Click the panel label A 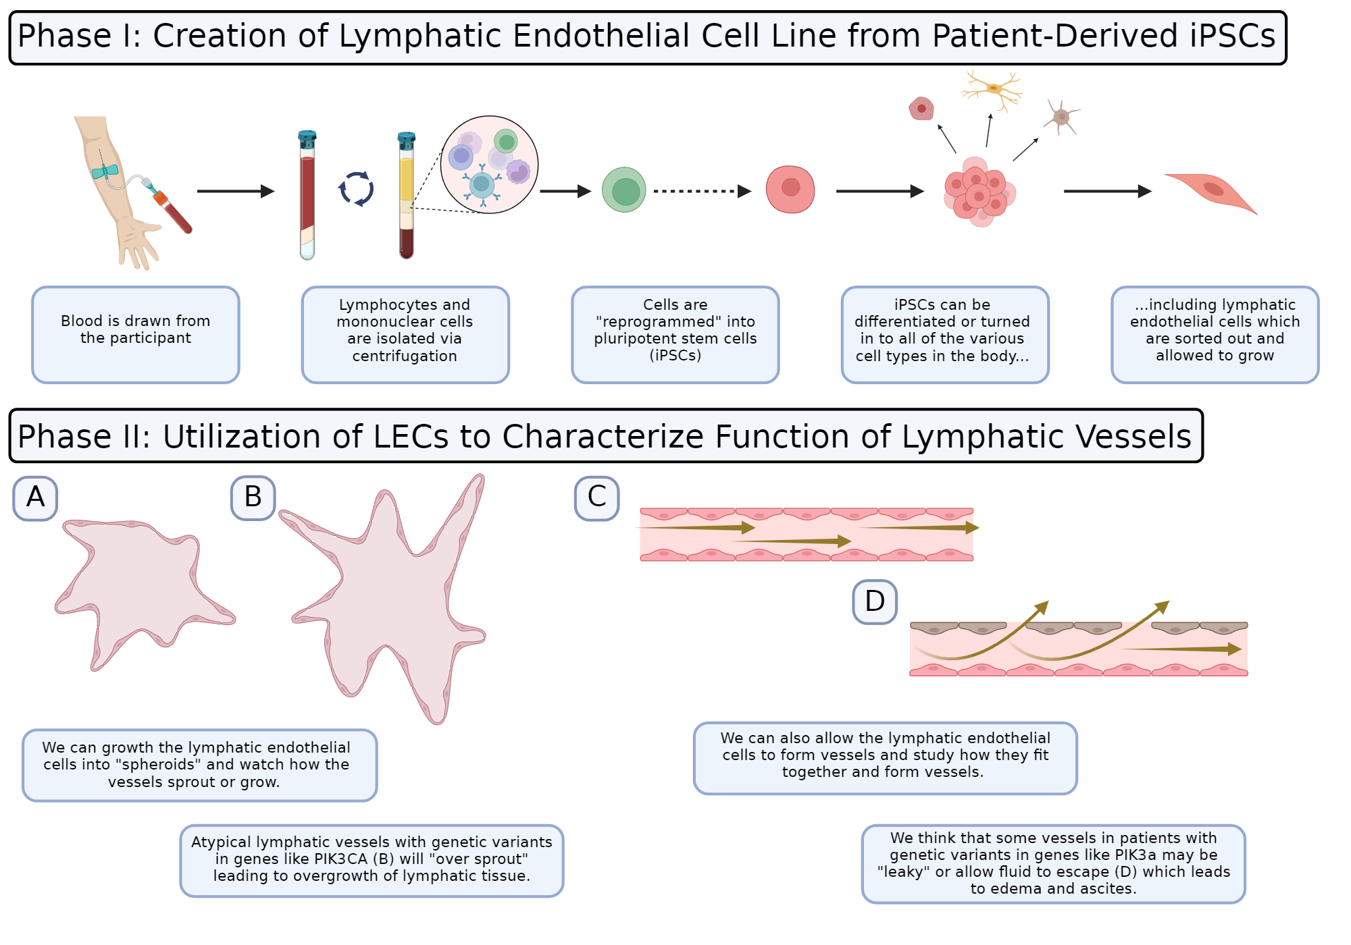35,498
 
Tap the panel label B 253,498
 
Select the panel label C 596,498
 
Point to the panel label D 874,601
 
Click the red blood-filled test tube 307,196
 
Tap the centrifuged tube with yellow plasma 406,196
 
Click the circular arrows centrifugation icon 356,189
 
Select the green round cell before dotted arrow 623,190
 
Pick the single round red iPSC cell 790,189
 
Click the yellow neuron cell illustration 992,89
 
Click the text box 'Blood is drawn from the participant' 136,334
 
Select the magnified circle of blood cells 489,165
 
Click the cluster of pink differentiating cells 979,192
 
